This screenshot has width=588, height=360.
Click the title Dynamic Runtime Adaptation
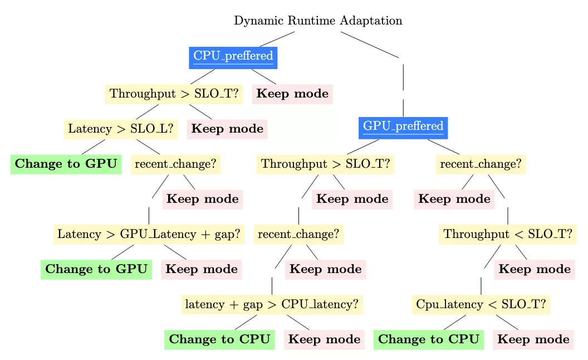(318, 21)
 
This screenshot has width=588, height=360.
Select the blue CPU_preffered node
(233, 56)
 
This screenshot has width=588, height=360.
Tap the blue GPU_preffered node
(403, 127)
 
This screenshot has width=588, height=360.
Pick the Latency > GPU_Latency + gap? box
(149, 234)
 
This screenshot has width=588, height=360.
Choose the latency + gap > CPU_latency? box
(272, 304)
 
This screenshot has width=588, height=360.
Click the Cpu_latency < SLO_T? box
(481, 304)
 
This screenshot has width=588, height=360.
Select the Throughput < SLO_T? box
(508, 234)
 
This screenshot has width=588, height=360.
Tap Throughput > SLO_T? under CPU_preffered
(175, 94)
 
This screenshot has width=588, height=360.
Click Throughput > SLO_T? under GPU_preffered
(326, 164)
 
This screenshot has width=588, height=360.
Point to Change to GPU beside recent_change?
(66, 164)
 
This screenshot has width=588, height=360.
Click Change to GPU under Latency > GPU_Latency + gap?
(96, 269)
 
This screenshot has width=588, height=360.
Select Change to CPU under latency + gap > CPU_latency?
(220, 339)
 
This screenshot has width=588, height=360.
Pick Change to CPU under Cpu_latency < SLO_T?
(429, 339)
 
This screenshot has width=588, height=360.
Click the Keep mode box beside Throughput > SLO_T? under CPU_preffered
(292, 94)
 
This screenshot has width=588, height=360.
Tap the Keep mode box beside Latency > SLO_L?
(227, 129)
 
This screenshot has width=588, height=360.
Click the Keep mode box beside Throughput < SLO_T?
(535, 269)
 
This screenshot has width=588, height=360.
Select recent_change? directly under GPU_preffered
(481, 164)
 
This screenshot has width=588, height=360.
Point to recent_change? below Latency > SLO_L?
(176, 164)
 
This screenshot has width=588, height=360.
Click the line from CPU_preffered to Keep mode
(263, 76)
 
